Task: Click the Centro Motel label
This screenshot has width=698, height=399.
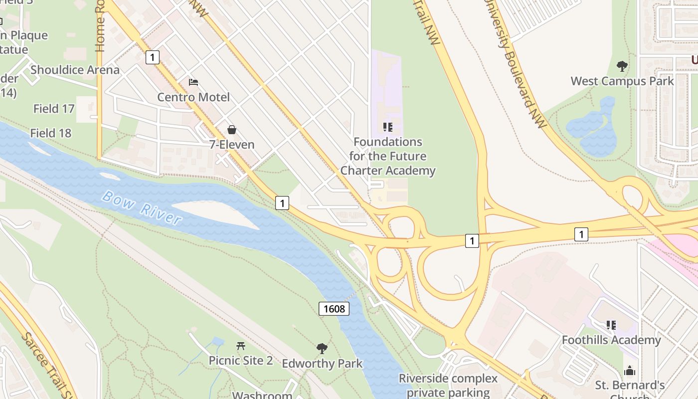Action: point(193,97)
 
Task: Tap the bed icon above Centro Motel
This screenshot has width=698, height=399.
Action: point(193,82)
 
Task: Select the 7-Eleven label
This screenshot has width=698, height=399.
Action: point(232,145)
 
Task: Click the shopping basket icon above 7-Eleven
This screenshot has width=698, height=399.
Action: point(232,130)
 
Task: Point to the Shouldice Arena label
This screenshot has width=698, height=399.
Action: point(75,70)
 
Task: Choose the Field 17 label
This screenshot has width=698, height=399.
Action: point(54,108)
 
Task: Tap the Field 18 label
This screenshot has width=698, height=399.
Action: point(51,133)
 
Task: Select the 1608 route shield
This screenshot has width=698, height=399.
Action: point(334,309)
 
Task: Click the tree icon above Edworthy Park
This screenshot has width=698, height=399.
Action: point(322,348)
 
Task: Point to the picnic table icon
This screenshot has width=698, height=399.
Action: point(241,345)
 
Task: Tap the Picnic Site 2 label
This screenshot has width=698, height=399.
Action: point(241,360)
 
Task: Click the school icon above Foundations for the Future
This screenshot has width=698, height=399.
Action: point(387,127)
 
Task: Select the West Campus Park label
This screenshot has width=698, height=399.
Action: point(622,81)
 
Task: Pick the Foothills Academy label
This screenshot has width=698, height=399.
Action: point(611,340)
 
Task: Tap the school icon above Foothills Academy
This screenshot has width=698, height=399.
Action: point(611,325)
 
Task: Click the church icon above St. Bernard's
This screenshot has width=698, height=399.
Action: point(630,371)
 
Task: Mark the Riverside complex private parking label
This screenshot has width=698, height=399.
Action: point(448,385)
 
